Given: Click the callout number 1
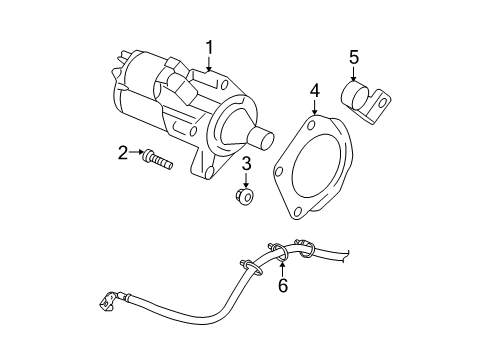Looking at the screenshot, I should (x=210, y=46).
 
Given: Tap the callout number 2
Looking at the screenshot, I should (x=123, y=153).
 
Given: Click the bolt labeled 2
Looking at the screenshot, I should (x=157, y=157).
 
